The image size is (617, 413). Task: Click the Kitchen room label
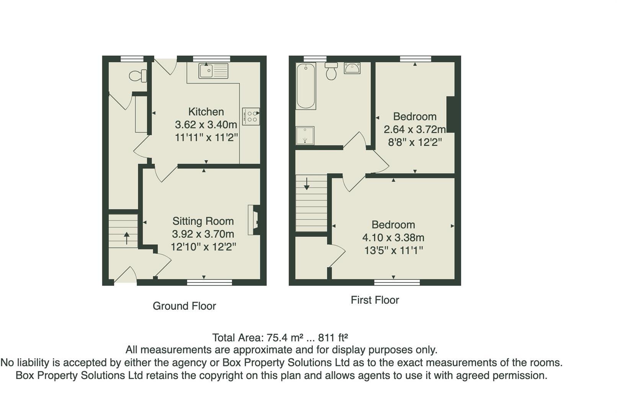tap(206, 112)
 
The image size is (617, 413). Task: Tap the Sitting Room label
tap(203, 221)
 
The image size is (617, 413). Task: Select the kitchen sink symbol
tap(213, 71)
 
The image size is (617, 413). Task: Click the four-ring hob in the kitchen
tap(251, 116)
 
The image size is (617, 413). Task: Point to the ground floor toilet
tap(138, 76)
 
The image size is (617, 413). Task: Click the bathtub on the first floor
tap(306, 86)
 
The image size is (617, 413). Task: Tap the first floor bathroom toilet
tap(331, 71)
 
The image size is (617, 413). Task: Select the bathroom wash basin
tap(352, 68)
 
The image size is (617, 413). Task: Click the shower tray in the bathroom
tap(305, 136)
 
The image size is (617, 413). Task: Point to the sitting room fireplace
tap(254, 220)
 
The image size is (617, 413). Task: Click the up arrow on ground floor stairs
tap(126, 237)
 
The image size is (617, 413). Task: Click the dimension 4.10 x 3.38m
tap(393, 237)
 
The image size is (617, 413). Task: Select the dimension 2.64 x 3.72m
tap(415, 129)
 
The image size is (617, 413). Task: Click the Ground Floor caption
tap(184, 306)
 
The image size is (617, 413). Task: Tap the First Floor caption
tap(375, 300)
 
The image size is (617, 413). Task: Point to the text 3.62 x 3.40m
tap(206, 125)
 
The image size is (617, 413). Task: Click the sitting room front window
tap(209, 283)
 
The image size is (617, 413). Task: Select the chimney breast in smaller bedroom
tap(451, 114)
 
